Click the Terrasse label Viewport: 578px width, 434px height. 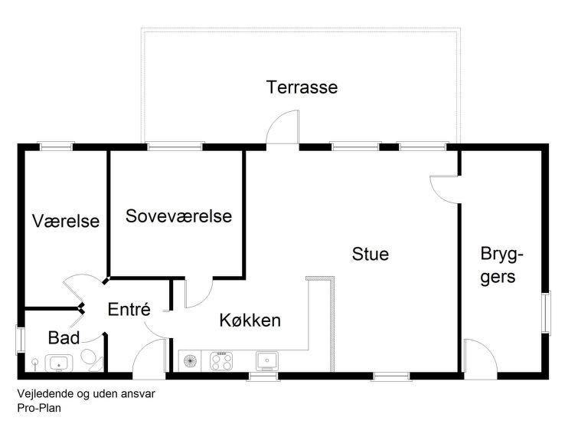(302, 87)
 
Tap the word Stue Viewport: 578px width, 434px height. (370, 254)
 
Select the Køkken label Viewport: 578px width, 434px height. (250, 321)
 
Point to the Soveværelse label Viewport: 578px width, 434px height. (179, 216)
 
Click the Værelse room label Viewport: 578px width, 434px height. (66, 221)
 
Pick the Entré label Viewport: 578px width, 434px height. (129, 309)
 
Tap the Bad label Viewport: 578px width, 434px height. (64, 337)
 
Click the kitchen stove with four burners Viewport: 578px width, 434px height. (221, 361)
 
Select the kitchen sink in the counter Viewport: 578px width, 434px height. (267, 361)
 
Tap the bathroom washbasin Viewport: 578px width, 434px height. (59, 363)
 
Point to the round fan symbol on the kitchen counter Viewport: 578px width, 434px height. (190, 360)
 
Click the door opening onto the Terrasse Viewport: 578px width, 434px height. (282, 127)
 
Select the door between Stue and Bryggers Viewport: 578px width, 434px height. (445, 189)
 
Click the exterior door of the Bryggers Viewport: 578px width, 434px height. (480, 357)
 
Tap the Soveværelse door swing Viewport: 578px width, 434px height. (198, 293)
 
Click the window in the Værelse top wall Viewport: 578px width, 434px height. (56, 146)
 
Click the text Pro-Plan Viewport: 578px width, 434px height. (39, 408)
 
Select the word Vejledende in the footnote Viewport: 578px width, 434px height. (45, 393)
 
